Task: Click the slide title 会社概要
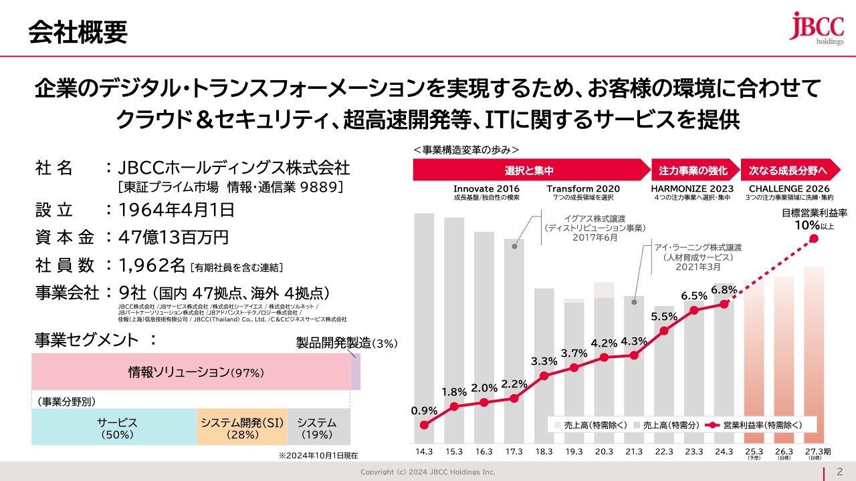click(x=78, y=31)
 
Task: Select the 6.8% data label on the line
click(x=724, y=290)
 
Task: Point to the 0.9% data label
click(x=425, y=410)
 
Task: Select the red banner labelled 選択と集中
click(x=529, y=171)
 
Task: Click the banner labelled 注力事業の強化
click(x=693, y=171)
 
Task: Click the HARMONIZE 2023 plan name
click(x=692, y=188)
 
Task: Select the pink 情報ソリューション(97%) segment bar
click(x=191, y=372)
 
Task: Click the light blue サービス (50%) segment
click(x=114, y=428)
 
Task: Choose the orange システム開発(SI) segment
click(x=241, y=428)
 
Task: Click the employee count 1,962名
click(x=152, y=266)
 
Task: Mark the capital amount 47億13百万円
click(x=173, y=238)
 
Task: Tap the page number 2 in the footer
click(x=839, y=472)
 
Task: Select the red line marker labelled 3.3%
click(x=544, y=375)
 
